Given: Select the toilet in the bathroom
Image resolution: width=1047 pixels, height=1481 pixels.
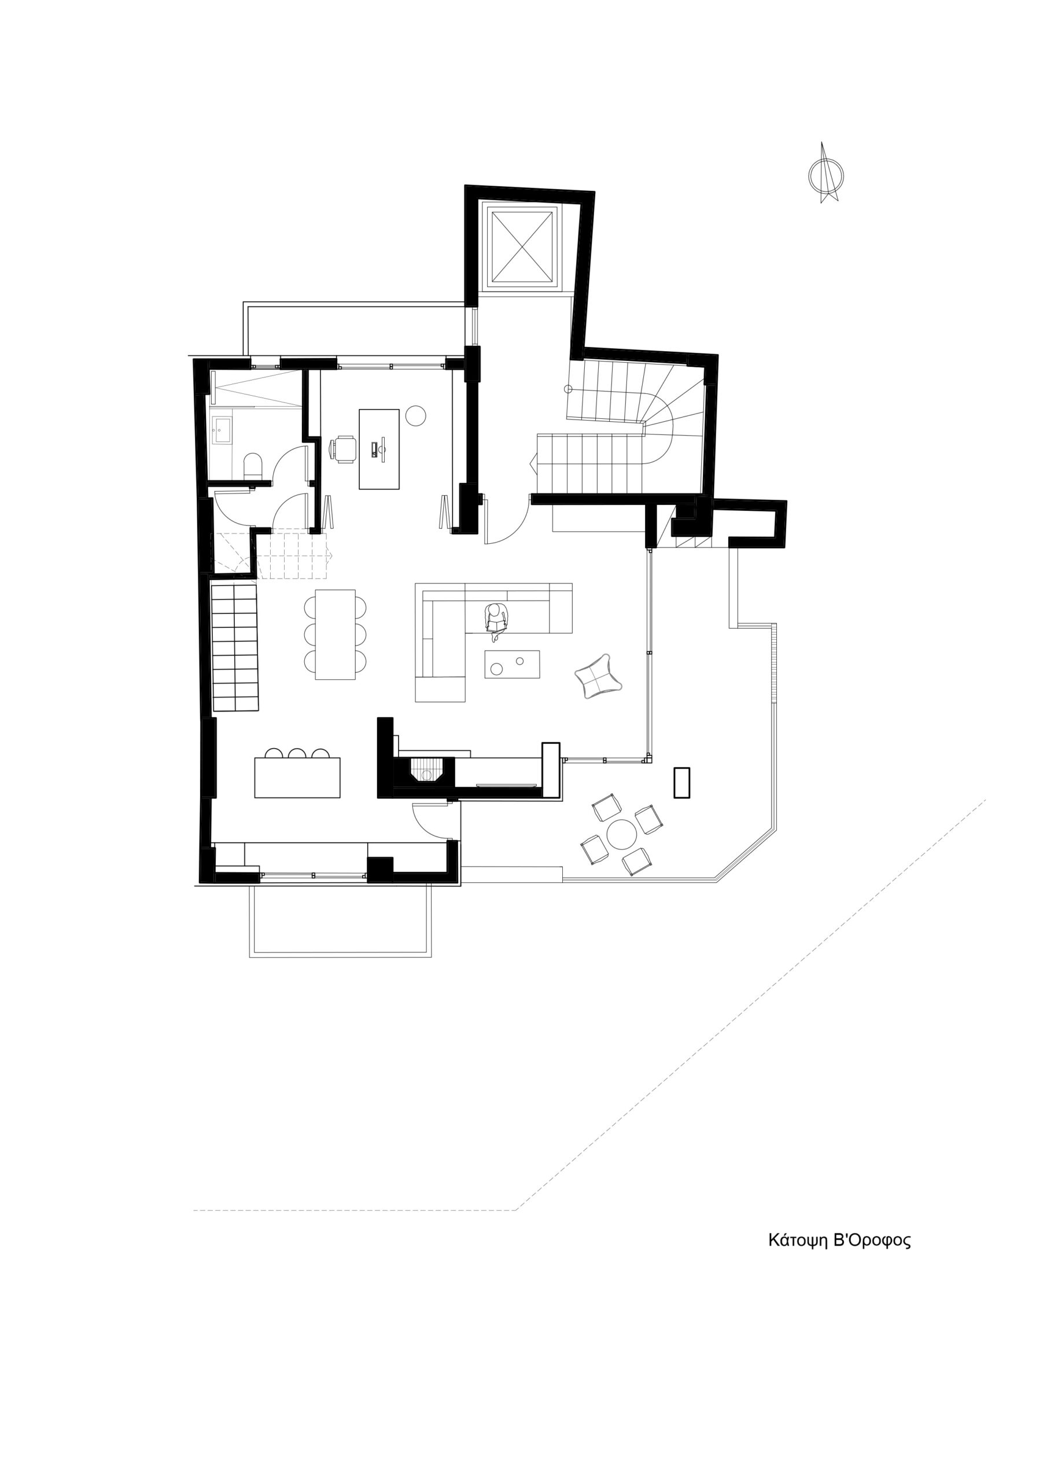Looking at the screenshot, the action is [252, 466].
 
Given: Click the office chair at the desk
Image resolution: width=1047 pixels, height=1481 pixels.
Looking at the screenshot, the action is [342, 449].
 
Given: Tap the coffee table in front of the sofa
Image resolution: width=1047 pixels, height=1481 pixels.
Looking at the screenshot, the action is [512, 664].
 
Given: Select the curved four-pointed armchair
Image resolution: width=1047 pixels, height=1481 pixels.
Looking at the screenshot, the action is [598, 676].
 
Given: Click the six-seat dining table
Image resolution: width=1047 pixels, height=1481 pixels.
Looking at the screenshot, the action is [336, 635].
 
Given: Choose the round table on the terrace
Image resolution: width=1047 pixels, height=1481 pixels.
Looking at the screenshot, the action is [622, 835].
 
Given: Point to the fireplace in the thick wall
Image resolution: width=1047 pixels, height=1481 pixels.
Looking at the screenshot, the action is [426, 770].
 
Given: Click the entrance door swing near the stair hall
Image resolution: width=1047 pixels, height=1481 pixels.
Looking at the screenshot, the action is [507, 520].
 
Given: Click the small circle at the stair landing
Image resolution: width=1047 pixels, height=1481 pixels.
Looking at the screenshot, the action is [567, 389].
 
